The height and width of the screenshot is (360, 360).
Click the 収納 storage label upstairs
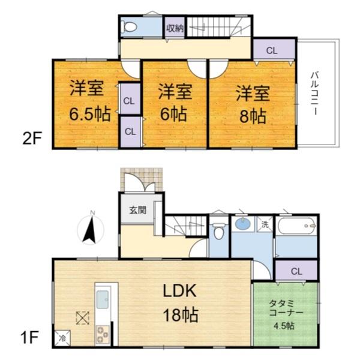(175, 28)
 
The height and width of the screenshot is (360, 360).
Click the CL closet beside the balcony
(272, 51)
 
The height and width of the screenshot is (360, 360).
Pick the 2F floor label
(31, 141)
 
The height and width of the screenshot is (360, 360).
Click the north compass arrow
(90, 229)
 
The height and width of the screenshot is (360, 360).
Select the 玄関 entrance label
(137, 211)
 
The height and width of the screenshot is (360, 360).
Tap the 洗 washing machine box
(265, 224)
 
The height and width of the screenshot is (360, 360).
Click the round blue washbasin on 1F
(243, 224)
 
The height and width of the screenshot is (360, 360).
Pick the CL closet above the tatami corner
(295, 271)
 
